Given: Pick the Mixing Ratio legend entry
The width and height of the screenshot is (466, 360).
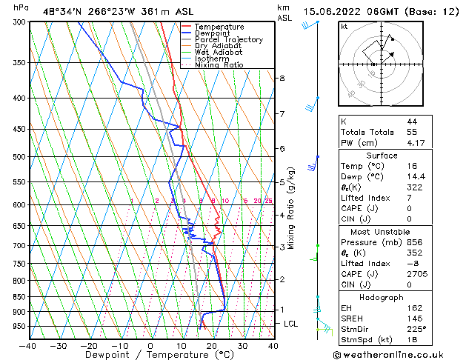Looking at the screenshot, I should (219, 65).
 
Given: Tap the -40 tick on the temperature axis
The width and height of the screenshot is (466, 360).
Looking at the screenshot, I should (28, 345).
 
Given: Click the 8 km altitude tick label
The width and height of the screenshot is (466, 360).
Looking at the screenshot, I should (282, 78).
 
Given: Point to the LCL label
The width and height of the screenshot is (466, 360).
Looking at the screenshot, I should (291, 324).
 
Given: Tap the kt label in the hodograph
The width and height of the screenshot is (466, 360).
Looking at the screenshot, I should (344, 27).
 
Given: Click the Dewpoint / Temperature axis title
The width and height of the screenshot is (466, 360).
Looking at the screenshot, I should (150, 355).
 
